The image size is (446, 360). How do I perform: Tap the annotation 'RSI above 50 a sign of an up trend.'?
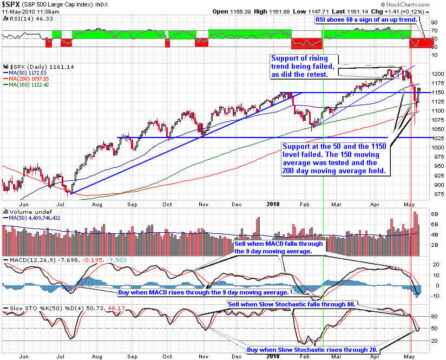366,19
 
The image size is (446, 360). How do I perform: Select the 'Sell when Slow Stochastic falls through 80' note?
291,304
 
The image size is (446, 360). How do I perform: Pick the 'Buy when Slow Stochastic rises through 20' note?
312,350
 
